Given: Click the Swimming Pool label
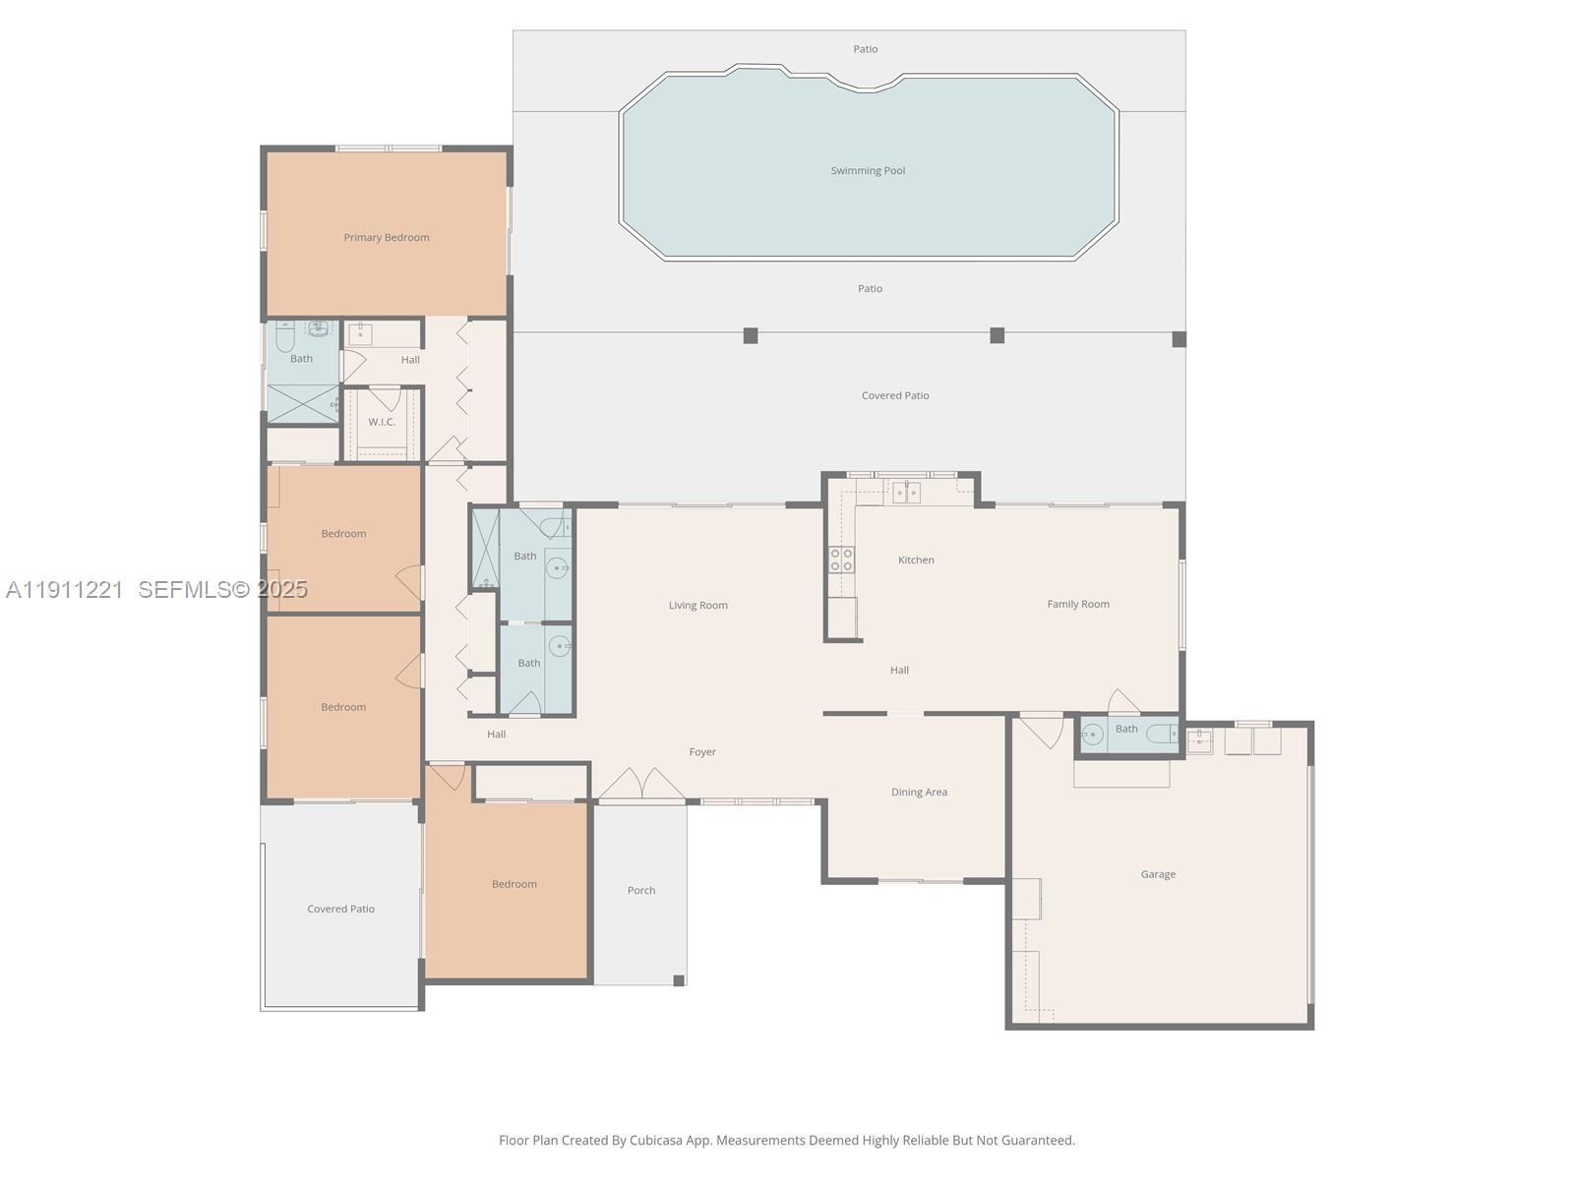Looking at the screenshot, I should coord(868,171).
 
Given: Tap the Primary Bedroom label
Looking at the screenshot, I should coord(386,238).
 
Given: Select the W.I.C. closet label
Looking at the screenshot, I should coord(382,422).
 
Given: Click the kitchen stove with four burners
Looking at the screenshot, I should coord(841,560).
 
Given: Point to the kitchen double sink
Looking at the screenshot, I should coord(906,492).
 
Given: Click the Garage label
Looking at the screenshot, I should coord(1158,874).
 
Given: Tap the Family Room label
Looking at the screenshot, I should coord(1078,605).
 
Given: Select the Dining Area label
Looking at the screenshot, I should coord(919,793).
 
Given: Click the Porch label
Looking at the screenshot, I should coord(641,891).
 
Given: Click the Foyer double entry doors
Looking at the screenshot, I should coord(642,785).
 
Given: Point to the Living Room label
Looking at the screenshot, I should coord(697,606).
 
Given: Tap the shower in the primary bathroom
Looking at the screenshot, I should coord(302,404).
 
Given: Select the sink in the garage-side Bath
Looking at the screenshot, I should coord(1093,734).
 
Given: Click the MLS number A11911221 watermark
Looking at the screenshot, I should coord(65,590).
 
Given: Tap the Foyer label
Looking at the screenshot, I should coord(702,752).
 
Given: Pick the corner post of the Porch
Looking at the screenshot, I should coord(679,980).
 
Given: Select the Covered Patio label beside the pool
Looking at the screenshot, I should coord(894,396).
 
